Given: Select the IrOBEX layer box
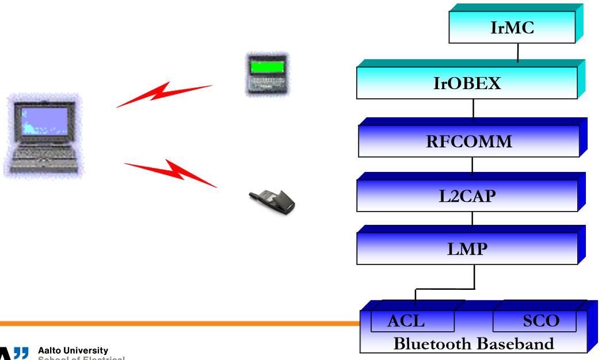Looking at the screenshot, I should [467, 83].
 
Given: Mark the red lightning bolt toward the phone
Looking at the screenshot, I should [170, 172].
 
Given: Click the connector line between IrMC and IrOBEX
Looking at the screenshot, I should [518, 53].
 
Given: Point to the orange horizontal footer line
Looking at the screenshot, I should [173, 323].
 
